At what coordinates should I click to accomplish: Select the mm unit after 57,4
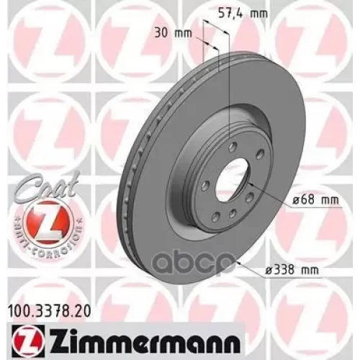click(x=248, y=13)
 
